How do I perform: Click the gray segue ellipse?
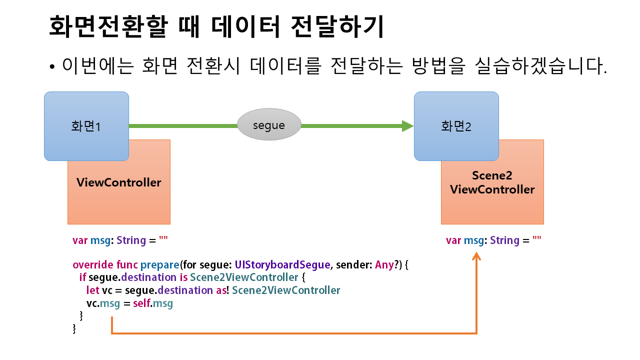[x=269, y=125]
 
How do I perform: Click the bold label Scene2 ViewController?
[x=492, y=182]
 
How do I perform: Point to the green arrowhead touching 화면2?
[x=408, y=126]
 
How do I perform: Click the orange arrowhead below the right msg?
[x=476, y=256]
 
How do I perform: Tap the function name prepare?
[x=159, y=264]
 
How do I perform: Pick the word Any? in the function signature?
[x=386, y=264]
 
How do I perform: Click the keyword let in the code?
[x=92, y=290]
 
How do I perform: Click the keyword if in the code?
[x=82, y=277]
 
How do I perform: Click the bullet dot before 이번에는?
[x=52, y=67]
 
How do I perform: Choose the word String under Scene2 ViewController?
[x=504, y=240]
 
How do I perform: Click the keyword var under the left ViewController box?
[x=80, y=240]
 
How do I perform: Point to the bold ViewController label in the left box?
[x=119, y=182]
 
